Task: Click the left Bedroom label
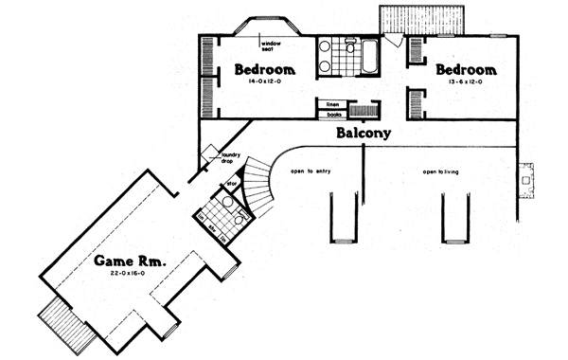(x=265, y=70)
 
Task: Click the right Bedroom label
(x=466, y=70)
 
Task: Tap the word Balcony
(x=364, y=134)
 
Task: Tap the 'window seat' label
(x=275, y=45)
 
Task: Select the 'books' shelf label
(x=333, y=115)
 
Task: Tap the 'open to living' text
(x=440, y=172)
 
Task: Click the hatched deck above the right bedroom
(x=423, y=19)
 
